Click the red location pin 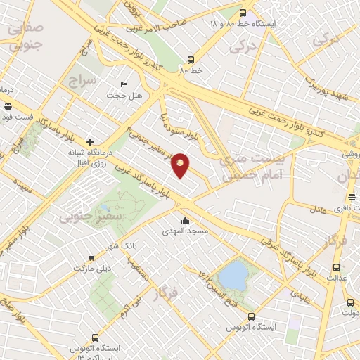click(x=181, y=165)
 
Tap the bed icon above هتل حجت click(x=124, y=84)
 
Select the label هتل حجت click(x=124, y=95)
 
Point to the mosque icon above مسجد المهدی click(x=185, y=220)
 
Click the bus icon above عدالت click(x=335, y=267)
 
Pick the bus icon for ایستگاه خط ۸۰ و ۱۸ click(x=243, y=13)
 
